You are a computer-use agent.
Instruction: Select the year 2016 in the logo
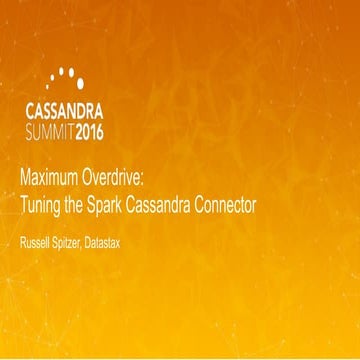pyautogui.click(x=112, y=130)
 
